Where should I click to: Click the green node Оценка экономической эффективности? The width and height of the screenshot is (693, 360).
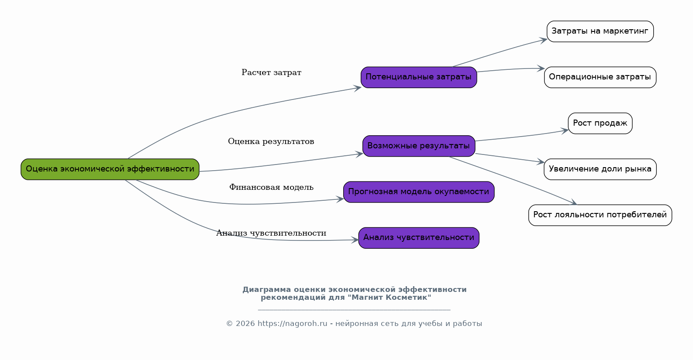pyautogui.click(x=110, y=169)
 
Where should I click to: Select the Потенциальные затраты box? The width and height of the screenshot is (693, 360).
pyautogui.click(x=419, y=77)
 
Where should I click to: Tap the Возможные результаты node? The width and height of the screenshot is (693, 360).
pyautogui.click(x=419, y=146)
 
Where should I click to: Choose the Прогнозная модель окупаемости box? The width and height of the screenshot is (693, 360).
pyautogui.click(x=419, y=192)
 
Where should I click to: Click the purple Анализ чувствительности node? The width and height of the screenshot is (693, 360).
pyautogui.click(x=419, y=238)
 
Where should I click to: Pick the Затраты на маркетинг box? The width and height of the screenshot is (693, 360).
pyautogui.click(x=600, y=31)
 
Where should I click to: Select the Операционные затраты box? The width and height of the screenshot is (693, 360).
pyautogui.click(x=600, y=77)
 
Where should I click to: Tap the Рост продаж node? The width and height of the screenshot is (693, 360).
pyautogui.click(x=600, y=123)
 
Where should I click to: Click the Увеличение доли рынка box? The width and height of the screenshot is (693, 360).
pyautogui.click(x=600, y=169)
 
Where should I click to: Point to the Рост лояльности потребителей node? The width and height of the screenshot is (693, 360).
pyautogui.click(x=600, y=215)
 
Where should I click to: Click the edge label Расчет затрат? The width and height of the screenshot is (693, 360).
pyautogui.click(x=271, y=73)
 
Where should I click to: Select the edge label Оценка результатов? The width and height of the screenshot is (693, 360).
pyautogui.click(x=271, y=142)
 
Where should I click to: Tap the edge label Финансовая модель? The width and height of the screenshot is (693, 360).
pyautogui.click(x=271, y=188)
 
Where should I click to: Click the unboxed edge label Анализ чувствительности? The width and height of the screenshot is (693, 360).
pyautogui.click(x=271, y=233)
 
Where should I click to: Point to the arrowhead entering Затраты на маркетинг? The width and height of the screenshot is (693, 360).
pyautogui.click(x=544, y=40)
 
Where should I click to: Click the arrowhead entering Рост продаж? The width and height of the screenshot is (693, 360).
pyautogui.click(x=565, y=130)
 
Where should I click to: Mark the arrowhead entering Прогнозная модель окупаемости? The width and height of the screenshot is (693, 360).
pyautogui.click(x=341, y=199)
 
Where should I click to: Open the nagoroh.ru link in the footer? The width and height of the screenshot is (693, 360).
pyautogui.click(x=292, y=324)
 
